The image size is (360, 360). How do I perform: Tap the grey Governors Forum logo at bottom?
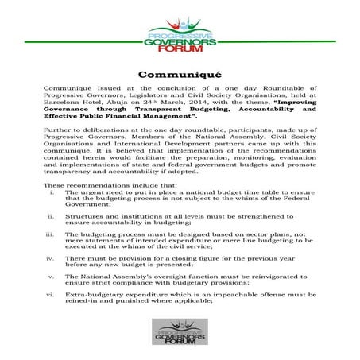click(x=179, y=331)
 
